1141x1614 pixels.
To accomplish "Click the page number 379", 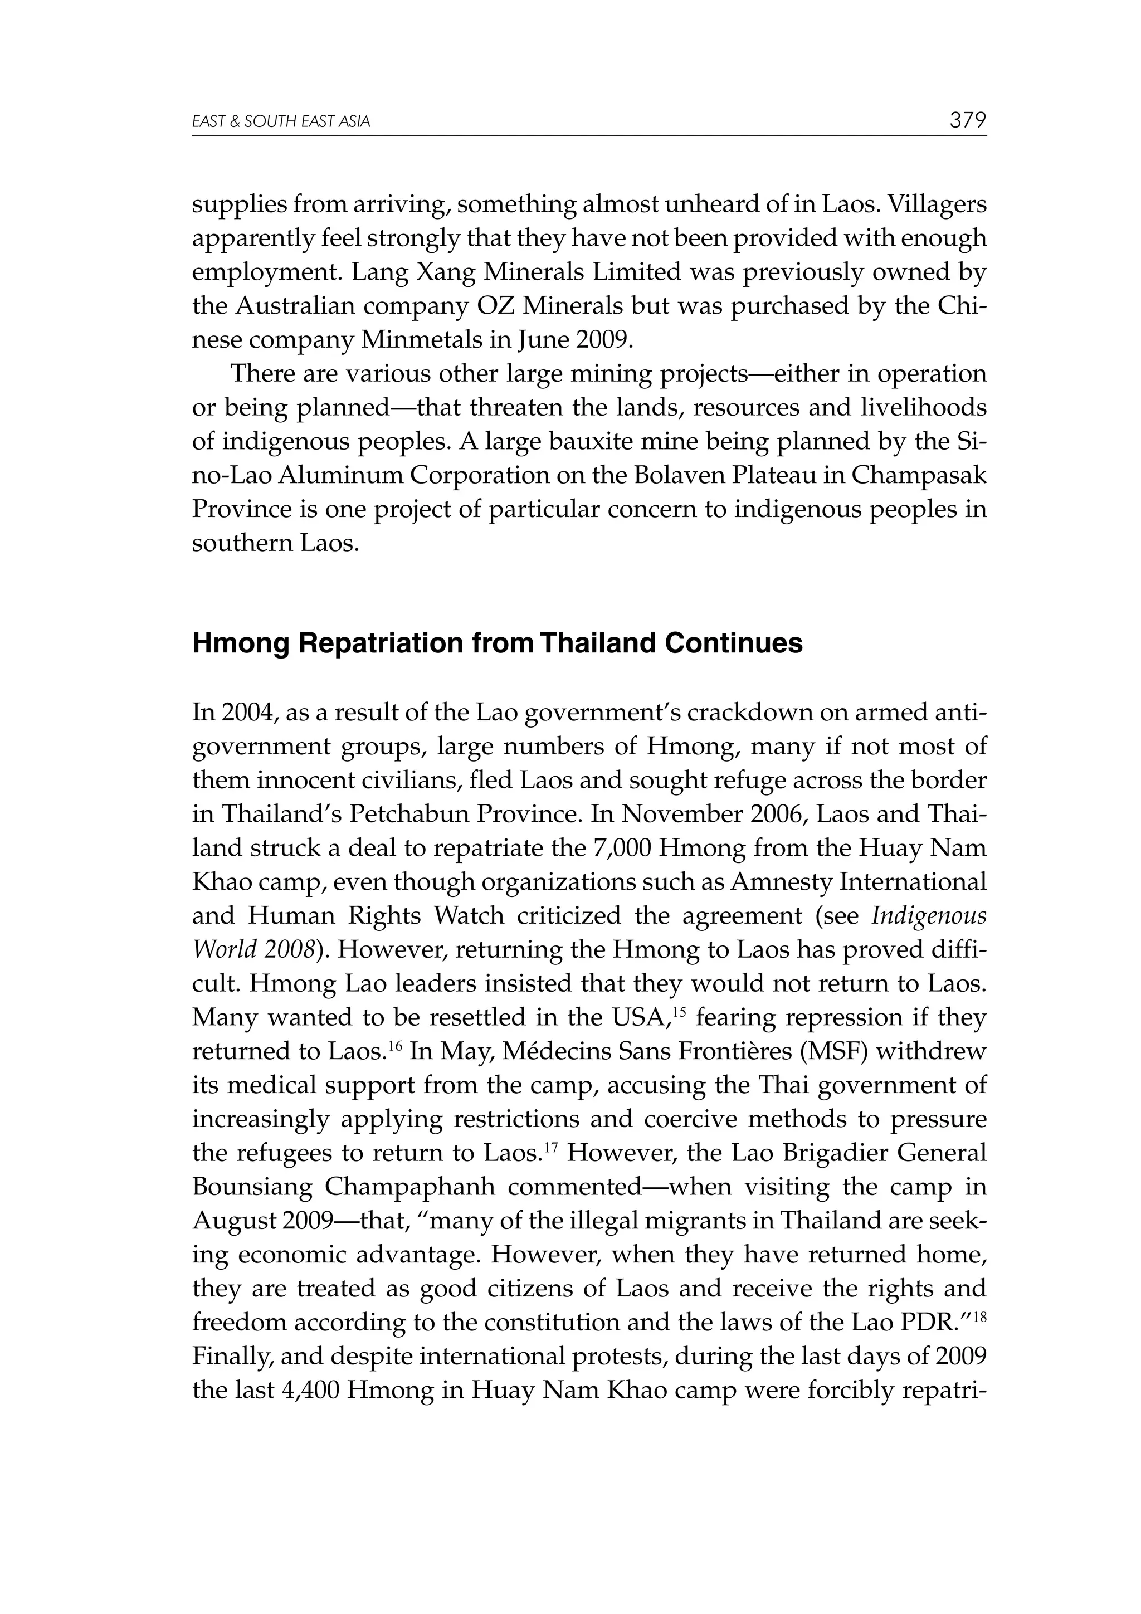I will point(967,120).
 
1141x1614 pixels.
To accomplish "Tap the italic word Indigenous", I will point(929,916).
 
